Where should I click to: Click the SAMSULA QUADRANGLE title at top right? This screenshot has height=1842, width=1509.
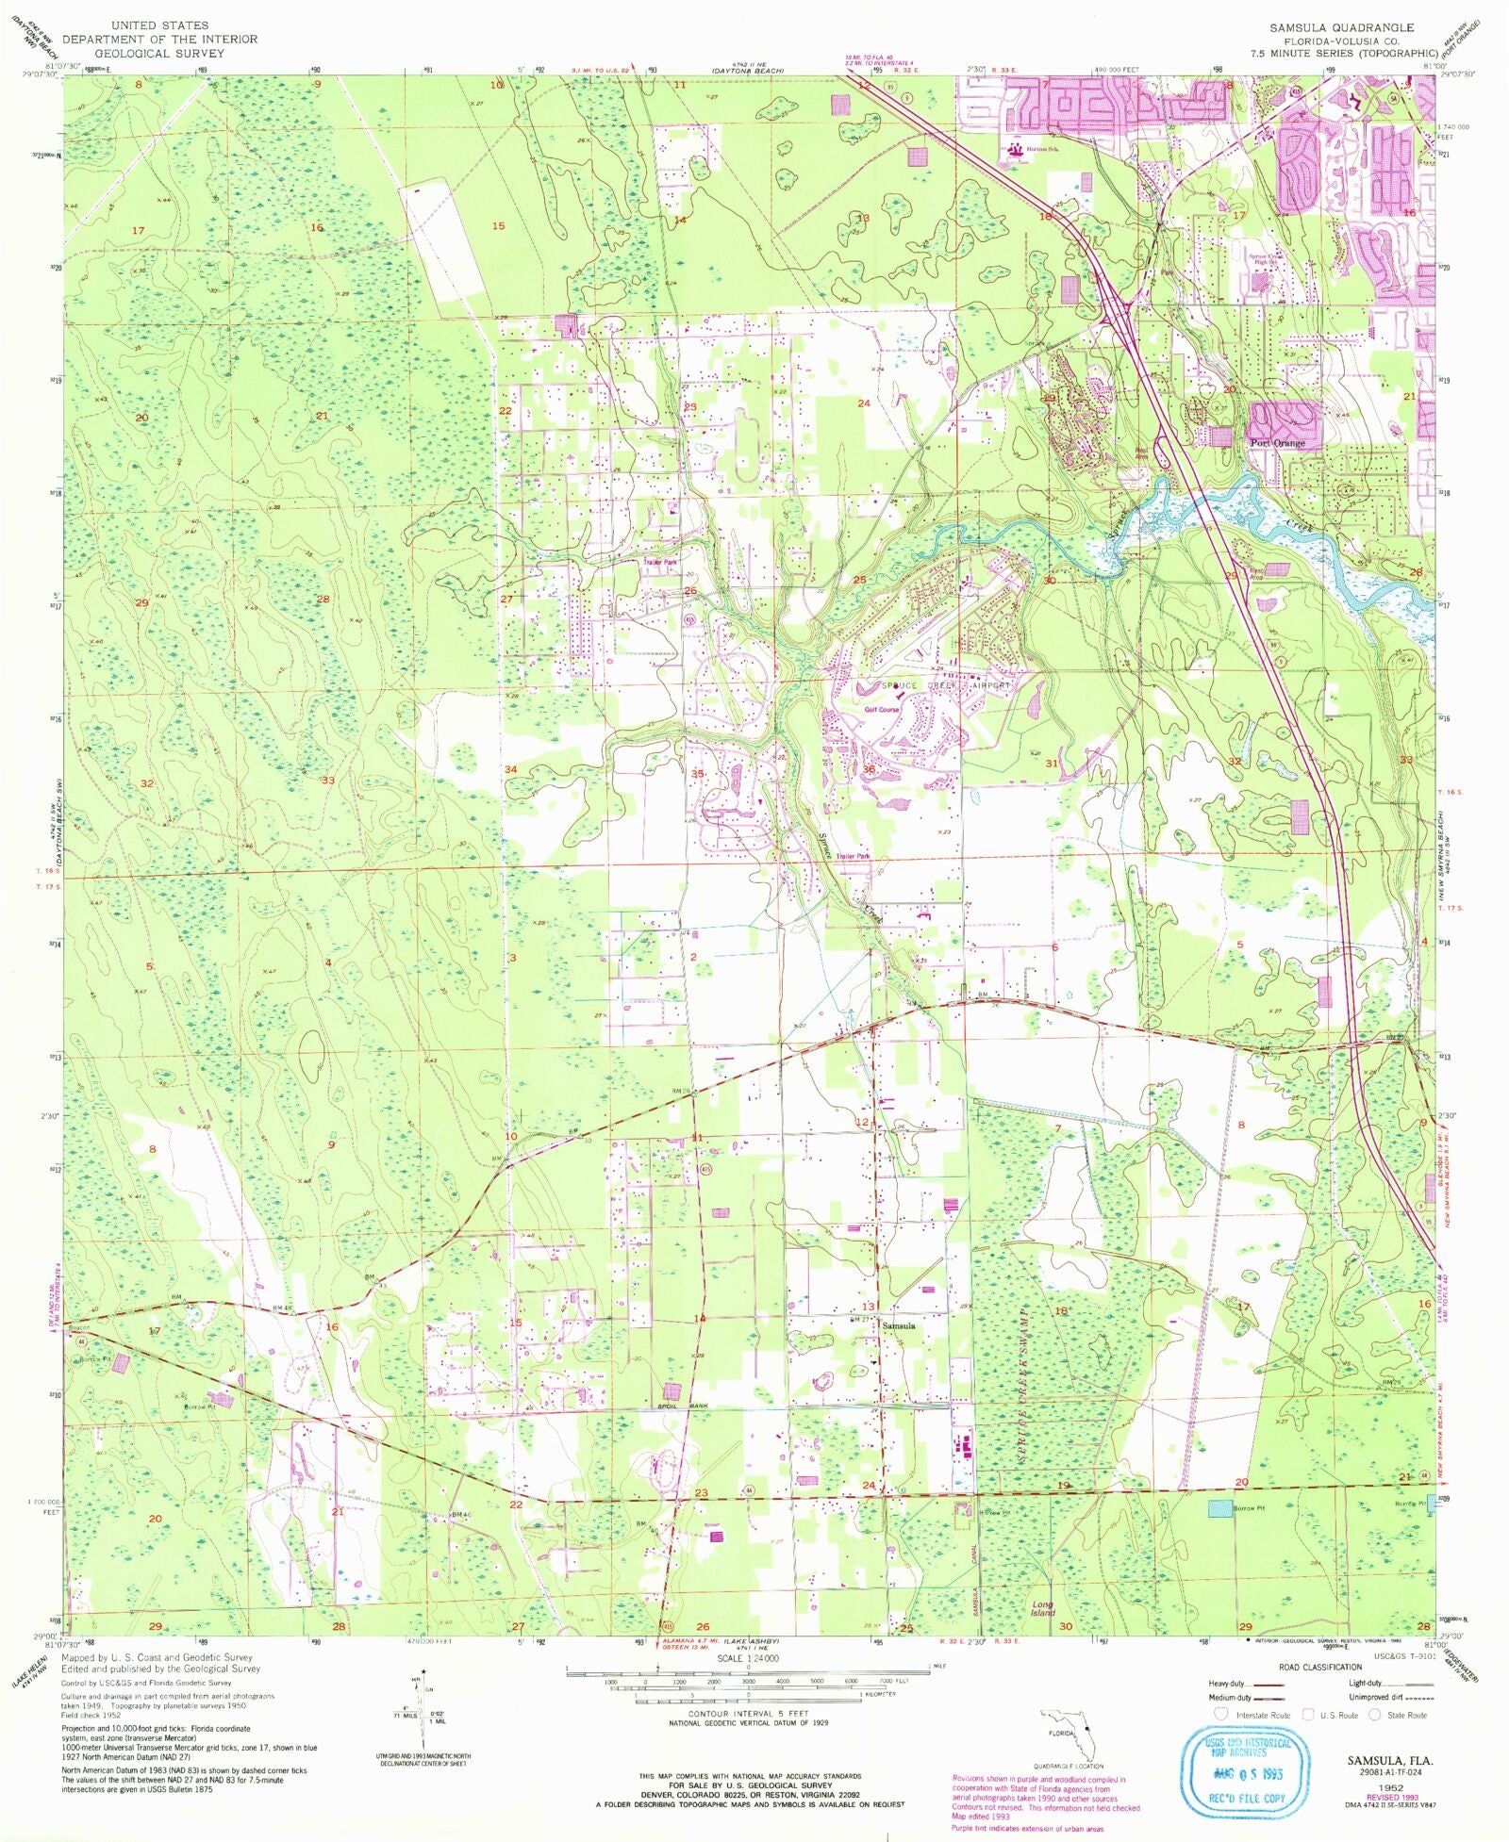(1340, 27)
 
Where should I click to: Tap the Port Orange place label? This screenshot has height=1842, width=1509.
(1277, 443)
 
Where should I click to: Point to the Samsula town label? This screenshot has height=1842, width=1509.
(898, 1325)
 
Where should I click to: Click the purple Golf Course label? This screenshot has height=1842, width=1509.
(876, 709)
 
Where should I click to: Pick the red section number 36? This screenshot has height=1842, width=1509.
(869, 769)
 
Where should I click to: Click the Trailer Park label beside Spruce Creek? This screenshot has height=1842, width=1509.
(853, 856)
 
